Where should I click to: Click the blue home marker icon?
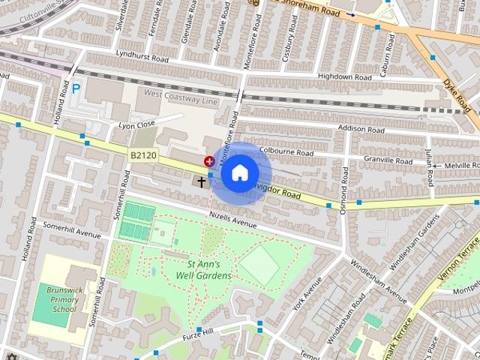click(x=239, y=173)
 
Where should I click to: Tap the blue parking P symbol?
click(x=76, y=88)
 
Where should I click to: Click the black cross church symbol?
click(x=201, y=181)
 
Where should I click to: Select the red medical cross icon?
click(x=209, y=160)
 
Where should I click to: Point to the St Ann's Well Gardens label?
click(x=208, y=269)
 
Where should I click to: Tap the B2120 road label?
click(x=142, y=155)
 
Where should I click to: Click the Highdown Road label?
click(x=344, y=76)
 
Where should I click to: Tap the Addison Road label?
click(x=361, y=129)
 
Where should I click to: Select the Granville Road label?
click(x=387, y=160)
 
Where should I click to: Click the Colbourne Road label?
click(x=285, y=151)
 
